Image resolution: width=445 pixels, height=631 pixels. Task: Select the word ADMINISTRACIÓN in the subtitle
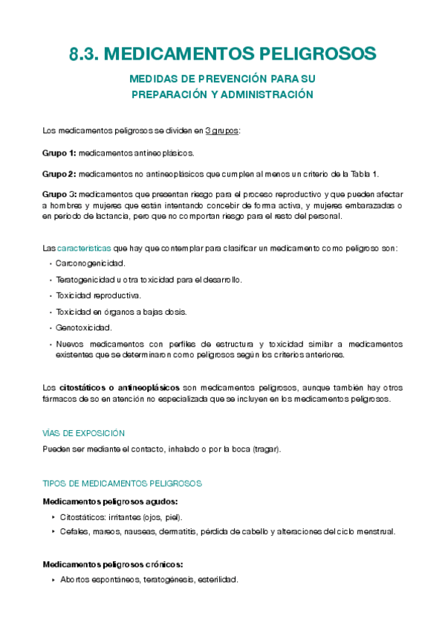click(x=261, y=95)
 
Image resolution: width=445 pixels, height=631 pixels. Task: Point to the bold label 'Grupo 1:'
click(x=59, y=153)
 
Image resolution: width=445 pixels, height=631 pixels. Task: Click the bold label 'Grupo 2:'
click(x=59, y=174)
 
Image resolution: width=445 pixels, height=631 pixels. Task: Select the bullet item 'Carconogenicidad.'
click(x=91, y=263)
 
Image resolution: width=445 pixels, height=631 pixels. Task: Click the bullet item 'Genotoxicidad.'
click(x=83, y=327)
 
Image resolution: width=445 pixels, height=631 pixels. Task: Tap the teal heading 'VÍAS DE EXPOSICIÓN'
click(x=84, y=433)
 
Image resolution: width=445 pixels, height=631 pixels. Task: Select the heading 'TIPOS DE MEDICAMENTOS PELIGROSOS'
click(x=123, y=484)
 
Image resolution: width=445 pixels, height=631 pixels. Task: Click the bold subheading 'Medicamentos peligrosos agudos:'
click(x=111, y=502)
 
